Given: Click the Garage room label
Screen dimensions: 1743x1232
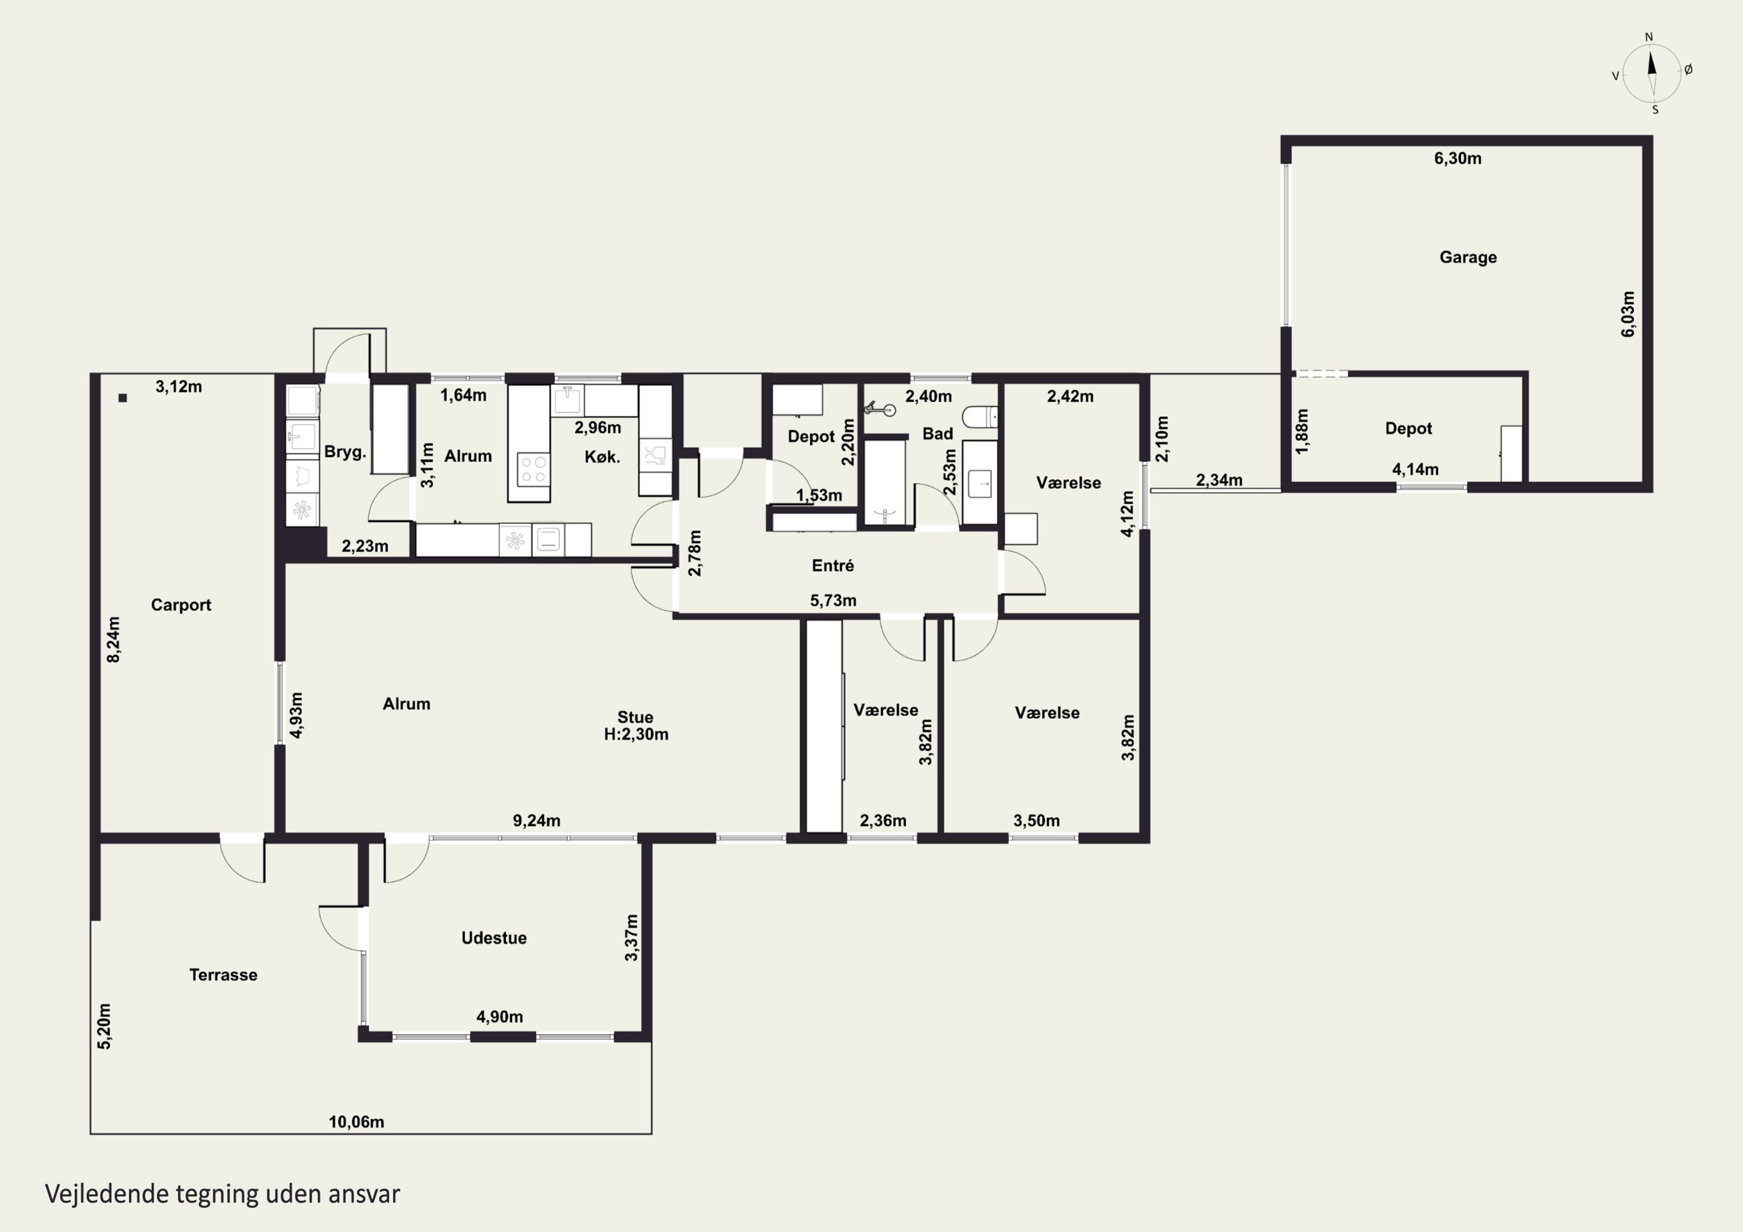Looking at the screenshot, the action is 1468,257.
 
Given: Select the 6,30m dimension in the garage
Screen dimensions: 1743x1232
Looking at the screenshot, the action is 1458,159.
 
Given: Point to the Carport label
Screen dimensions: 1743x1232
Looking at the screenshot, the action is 181,605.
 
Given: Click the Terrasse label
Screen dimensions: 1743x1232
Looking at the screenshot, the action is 223,975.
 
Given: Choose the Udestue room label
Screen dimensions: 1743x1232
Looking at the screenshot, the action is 494,938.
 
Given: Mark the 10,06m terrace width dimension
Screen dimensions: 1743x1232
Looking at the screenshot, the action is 356,1122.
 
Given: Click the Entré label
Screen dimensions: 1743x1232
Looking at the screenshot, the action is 833,566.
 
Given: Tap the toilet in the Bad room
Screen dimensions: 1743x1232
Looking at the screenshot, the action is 980,416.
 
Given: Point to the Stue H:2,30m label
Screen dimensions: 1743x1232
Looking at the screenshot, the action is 636,725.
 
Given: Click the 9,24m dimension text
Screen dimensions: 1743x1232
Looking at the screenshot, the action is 537,821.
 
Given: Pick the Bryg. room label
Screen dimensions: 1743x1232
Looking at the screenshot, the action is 346,452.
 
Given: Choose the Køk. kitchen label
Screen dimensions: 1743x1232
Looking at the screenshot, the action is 602,457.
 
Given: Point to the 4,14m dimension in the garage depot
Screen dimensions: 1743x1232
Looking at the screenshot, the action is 1415,470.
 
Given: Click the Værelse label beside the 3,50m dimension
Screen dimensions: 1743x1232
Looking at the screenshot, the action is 1047,713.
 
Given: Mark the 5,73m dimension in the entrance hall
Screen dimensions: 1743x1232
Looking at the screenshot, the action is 833,601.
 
